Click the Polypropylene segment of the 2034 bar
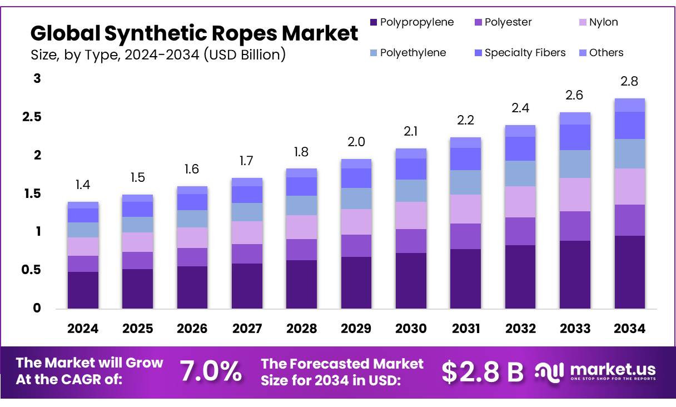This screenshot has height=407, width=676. tap(629, 272)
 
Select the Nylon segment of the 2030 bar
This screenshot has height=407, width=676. tap(411, 215)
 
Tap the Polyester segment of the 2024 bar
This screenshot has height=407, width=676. tap(83, 264)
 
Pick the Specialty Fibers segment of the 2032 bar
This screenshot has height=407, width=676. tap(520, 148)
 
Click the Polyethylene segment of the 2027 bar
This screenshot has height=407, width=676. tap(247, 212)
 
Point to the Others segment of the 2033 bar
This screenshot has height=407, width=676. tap(575, 118)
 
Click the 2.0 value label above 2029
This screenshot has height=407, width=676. tap(356, 142)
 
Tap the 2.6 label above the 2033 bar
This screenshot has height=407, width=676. tap(575, 95)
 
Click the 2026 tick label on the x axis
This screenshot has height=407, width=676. tap(192, 329)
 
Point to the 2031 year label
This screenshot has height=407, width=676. tap(466, 329)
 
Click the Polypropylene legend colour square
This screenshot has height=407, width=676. tap(374, 22)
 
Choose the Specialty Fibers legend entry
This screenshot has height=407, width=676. tap(525, 53)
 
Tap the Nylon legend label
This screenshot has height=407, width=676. tap(603, 22)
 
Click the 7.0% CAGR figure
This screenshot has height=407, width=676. tap(211, 371)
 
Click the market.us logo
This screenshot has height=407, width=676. tap(595, 371)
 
